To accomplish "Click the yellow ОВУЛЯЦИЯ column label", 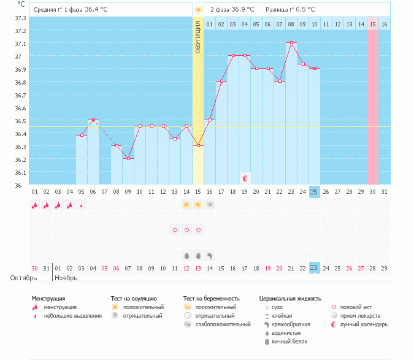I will click(197, 37).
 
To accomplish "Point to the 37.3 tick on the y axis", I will click(20, 18).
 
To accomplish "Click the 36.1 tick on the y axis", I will click(20, 172).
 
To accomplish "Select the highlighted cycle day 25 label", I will click(314, 192).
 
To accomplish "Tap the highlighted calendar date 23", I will click(314, 267).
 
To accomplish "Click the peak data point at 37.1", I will click(291, 43).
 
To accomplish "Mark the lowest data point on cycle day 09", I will click(128, 159).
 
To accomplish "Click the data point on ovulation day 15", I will click(197, 146).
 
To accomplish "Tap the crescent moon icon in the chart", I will click(245, 178).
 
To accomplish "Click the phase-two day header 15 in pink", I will click(372, 24).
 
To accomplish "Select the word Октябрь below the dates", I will click(23, 278).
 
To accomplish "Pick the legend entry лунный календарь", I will click(362, 324).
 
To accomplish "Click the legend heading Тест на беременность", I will click(211, 298).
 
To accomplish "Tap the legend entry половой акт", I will click(355, 307).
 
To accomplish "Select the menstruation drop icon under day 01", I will click(34, 205).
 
